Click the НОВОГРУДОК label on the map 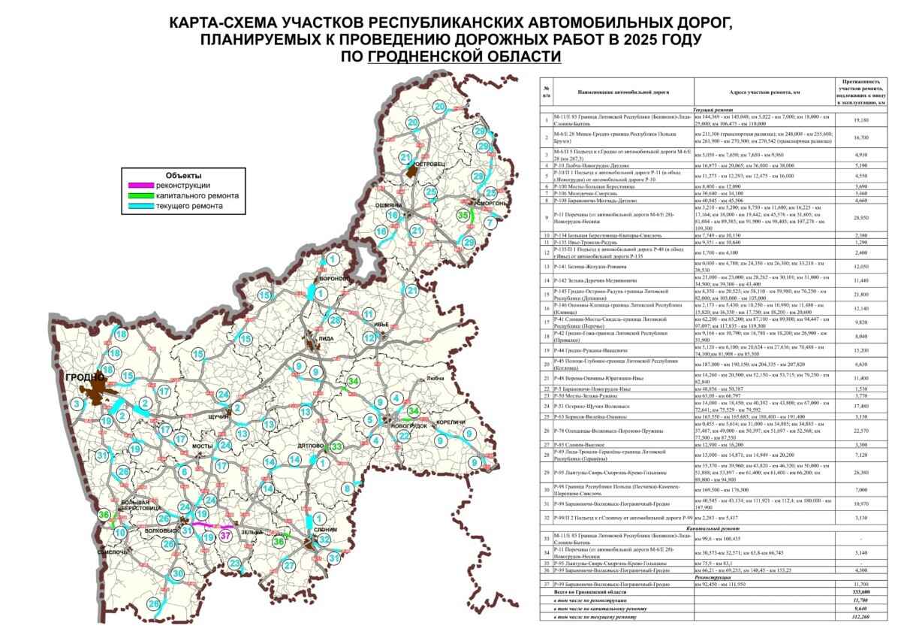[x=408, y=426]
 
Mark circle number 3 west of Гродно [x=77, y=404]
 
